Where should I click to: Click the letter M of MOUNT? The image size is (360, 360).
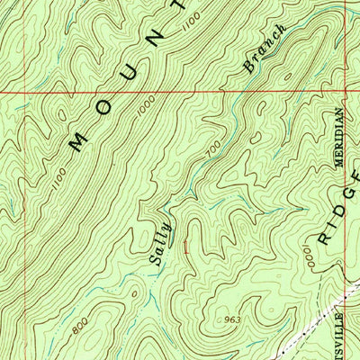point(77,139)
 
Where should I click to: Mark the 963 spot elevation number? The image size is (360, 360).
point(231,319)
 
